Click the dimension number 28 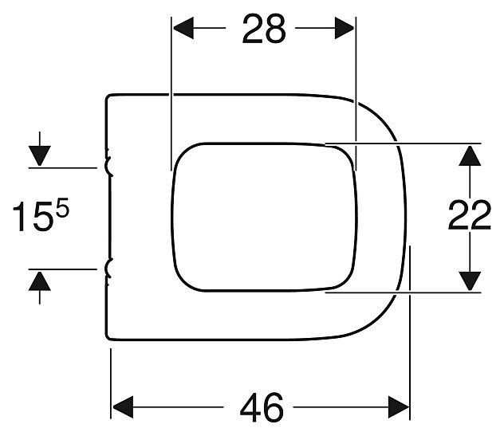click(x=264, y=29)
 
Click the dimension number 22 click(x=470, y=215)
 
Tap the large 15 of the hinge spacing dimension click(x=31, y=217)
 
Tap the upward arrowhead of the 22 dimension click(x=471, y=153)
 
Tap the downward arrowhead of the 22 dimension click(x=471, y=281)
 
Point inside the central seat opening click(x=263, y=217)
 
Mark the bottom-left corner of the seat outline click(x=109, y=337)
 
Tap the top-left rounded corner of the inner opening click(x=180, y=151)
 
